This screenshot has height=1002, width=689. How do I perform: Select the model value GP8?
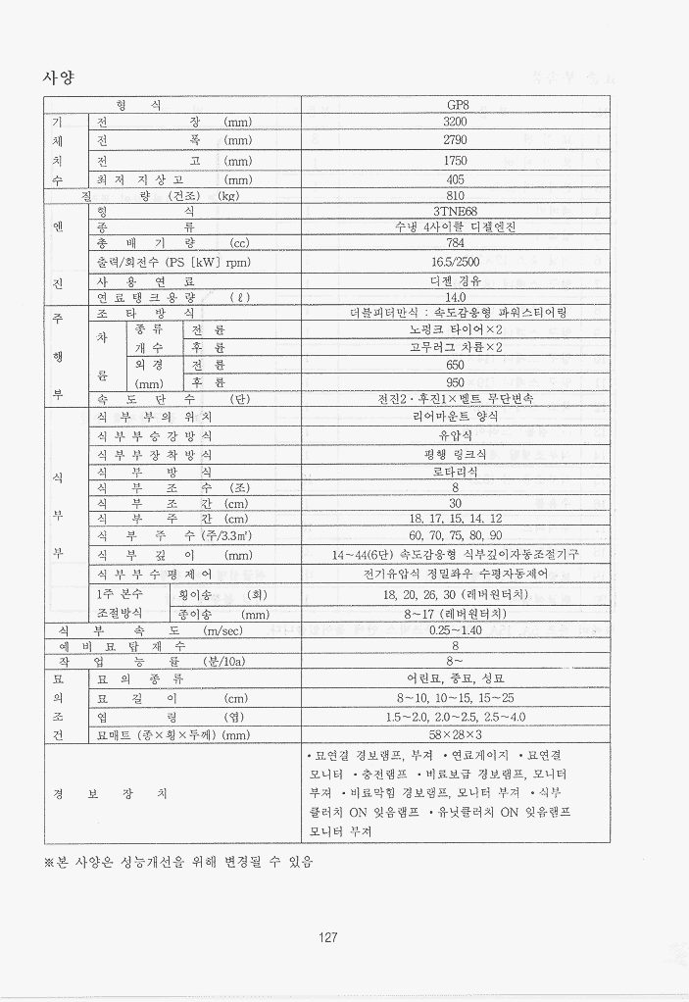click(455, 105)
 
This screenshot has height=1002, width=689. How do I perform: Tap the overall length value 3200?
click(455, 123)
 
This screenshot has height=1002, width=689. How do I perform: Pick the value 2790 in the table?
click(455, 140)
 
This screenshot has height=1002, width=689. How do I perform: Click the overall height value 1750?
click(455, 160)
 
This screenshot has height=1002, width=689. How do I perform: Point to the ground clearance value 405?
click(455, 179)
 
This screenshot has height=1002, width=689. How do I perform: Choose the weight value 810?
click(455, 195)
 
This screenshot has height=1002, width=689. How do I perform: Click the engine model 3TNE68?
click(455, 211)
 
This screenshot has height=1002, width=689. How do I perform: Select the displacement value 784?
click(455, 243)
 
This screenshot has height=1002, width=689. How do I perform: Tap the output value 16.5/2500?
click(455, 262)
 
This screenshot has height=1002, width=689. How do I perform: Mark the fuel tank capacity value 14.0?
click(455, 297)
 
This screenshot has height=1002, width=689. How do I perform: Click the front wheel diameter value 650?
click(455, 364)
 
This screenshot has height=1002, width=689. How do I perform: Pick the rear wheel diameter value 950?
click(455, 381)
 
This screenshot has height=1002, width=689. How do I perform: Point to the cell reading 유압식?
click(455, 434)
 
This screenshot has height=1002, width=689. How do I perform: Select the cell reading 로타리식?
click(455, 472)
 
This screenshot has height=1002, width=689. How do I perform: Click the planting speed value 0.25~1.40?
click(455, 630)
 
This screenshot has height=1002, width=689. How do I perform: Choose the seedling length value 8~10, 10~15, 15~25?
click(455, 698)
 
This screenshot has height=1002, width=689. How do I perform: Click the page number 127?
click(328, 937)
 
